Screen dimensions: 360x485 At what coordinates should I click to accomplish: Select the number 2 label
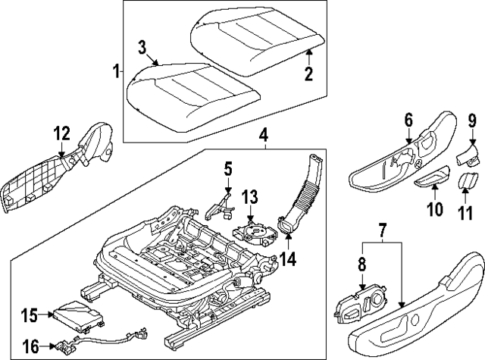pos(308,74)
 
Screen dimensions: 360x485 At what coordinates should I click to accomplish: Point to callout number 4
pos(263,136)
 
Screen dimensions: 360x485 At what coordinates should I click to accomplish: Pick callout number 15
pos(30,315)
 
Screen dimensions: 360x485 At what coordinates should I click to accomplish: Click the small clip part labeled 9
pos(468,156)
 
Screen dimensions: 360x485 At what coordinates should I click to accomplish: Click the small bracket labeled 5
pos(219,203)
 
